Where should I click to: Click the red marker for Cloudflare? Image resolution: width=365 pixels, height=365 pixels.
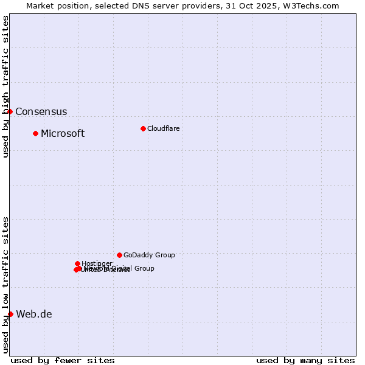click(x=143, y=128)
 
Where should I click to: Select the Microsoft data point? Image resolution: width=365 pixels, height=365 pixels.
click(x=35, y=133)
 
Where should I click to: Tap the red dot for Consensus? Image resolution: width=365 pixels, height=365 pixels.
click(x=10, y=111)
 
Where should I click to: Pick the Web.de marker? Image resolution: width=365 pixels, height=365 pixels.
click(x=10, y=314)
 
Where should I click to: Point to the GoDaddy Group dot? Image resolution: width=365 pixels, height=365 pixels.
click(x=119, y=255)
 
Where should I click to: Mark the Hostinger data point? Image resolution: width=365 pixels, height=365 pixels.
click(x=77, y=263)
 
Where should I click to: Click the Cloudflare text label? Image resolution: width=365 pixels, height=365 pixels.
click(x=163, y=128)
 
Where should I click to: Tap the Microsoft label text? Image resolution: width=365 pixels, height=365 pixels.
click(x=63, y=134)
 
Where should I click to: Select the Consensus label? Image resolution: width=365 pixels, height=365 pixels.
click(x=41, y=112)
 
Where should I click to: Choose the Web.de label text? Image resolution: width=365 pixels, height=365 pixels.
click(x=34, y=315)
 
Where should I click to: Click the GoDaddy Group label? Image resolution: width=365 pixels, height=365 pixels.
click(x=149, y=255)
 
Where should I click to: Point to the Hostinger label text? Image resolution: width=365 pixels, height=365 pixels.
click(x=97, y=263)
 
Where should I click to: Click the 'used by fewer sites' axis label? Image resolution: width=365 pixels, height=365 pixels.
click(x=63, y=360)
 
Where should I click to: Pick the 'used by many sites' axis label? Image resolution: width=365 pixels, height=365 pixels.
click(x=305, y=360)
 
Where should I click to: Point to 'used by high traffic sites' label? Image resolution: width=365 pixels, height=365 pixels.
click(x=5, y=86)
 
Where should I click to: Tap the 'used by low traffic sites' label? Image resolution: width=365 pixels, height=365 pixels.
click(x=5, y=285)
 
